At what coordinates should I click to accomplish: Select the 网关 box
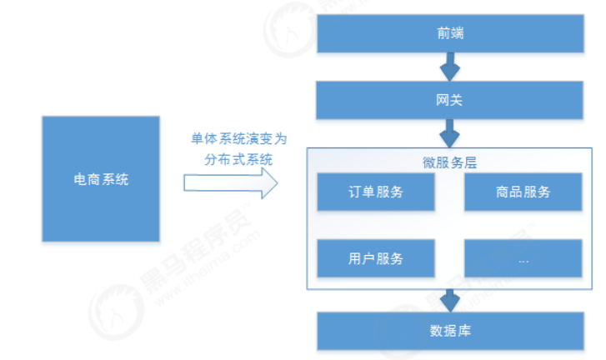(x=450, y=100)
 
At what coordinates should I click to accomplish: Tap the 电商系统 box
(x=100, y=179)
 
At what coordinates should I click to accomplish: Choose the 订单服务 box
(x=376, y=192)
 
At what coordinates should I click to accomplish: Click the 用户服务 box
(x=376, y=258)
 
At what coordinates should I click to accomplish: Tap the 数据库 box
(x=450, y=331)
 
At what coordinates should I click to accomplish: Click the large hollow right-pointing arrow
(x=230, y=182)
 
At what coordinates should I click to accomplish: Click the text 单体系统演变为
(x=237, y=138)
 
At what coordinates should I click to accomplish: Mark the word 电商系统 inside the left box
(x=100, y=179)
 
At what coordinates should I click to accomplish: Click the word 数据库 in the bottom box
(x=450, y=331)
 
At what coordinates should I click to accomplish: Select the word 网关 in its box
(x=450, y=101)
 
